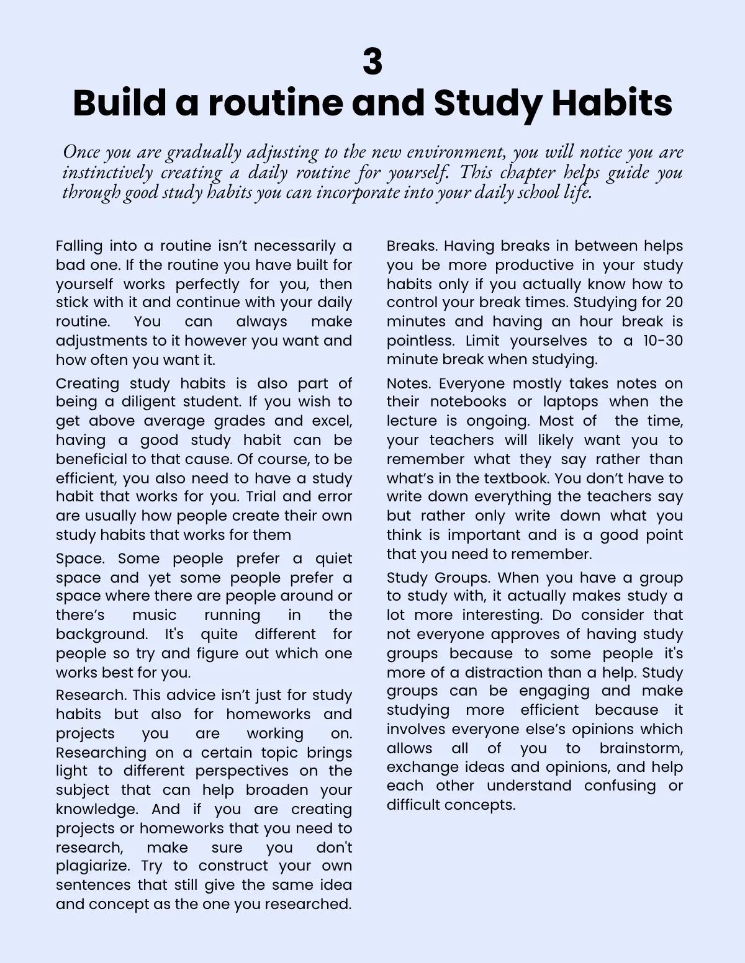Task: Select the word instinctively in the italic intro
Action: point(107,172)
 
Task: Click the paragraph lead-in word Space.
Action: point(80,558)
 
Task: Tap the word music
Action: point(154,615)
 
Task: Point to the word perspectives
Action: point(242,771)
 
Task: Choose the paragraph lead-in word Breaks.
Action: point(412,246)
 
